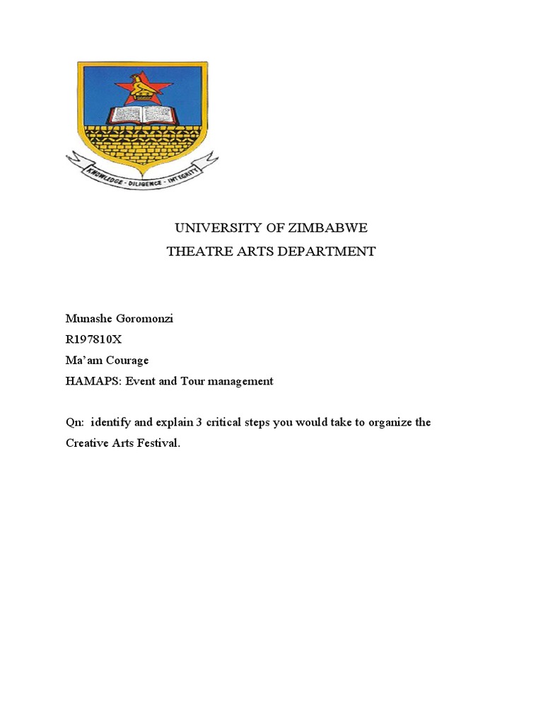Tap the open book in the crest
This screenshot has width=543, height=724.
(x=142, y=115)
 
